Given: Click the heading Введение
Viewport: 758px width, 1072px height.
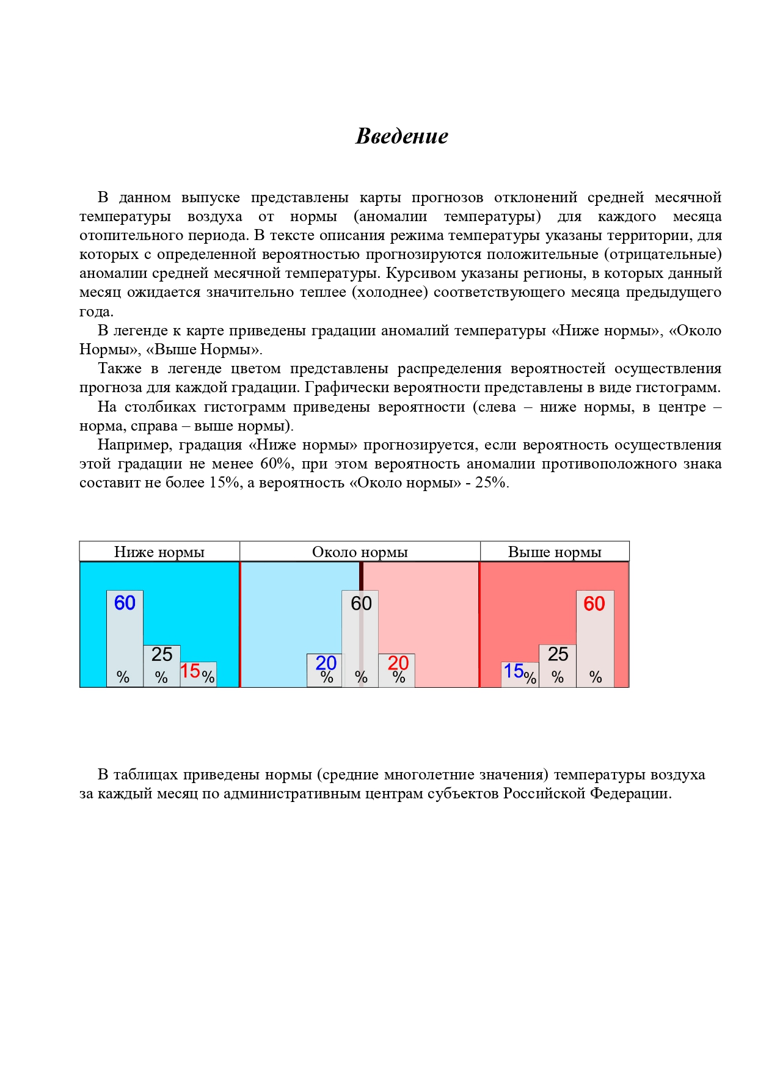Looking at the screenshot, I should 402,136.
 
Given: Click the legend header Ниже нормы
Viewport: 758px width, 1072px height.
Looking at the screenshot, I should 159,552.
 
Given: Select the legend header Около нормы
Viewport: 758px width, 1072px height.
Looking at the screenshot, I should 360,552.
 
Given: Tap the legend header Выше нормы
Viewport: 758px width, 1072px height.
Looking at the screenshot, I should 555,552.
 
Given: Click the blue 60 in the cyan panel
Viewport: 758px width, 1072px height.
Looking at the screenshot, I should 125,603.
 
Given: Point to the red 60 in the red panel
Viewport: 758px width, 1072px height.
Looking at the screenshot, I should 594,603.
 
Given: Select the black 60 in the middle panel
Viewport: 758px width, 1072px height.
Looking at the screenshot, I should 361,603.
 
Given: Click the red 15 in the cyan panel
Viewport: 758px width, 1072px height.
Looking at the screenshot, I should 190,671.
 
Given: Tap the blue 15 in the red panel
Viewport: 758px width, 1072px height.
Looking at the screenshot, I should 513,671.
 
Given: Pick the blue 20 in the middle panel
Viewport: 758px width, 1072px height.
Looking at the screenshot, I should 326,663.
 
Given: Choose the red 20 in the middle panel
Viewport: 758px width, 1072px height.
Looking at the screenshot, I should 398,663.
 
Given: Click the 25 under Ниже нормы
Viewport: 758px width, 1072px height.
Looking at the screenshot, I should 162,654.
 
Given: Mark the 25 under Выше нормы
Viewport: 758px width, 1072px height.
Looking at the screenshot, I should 558,654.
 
